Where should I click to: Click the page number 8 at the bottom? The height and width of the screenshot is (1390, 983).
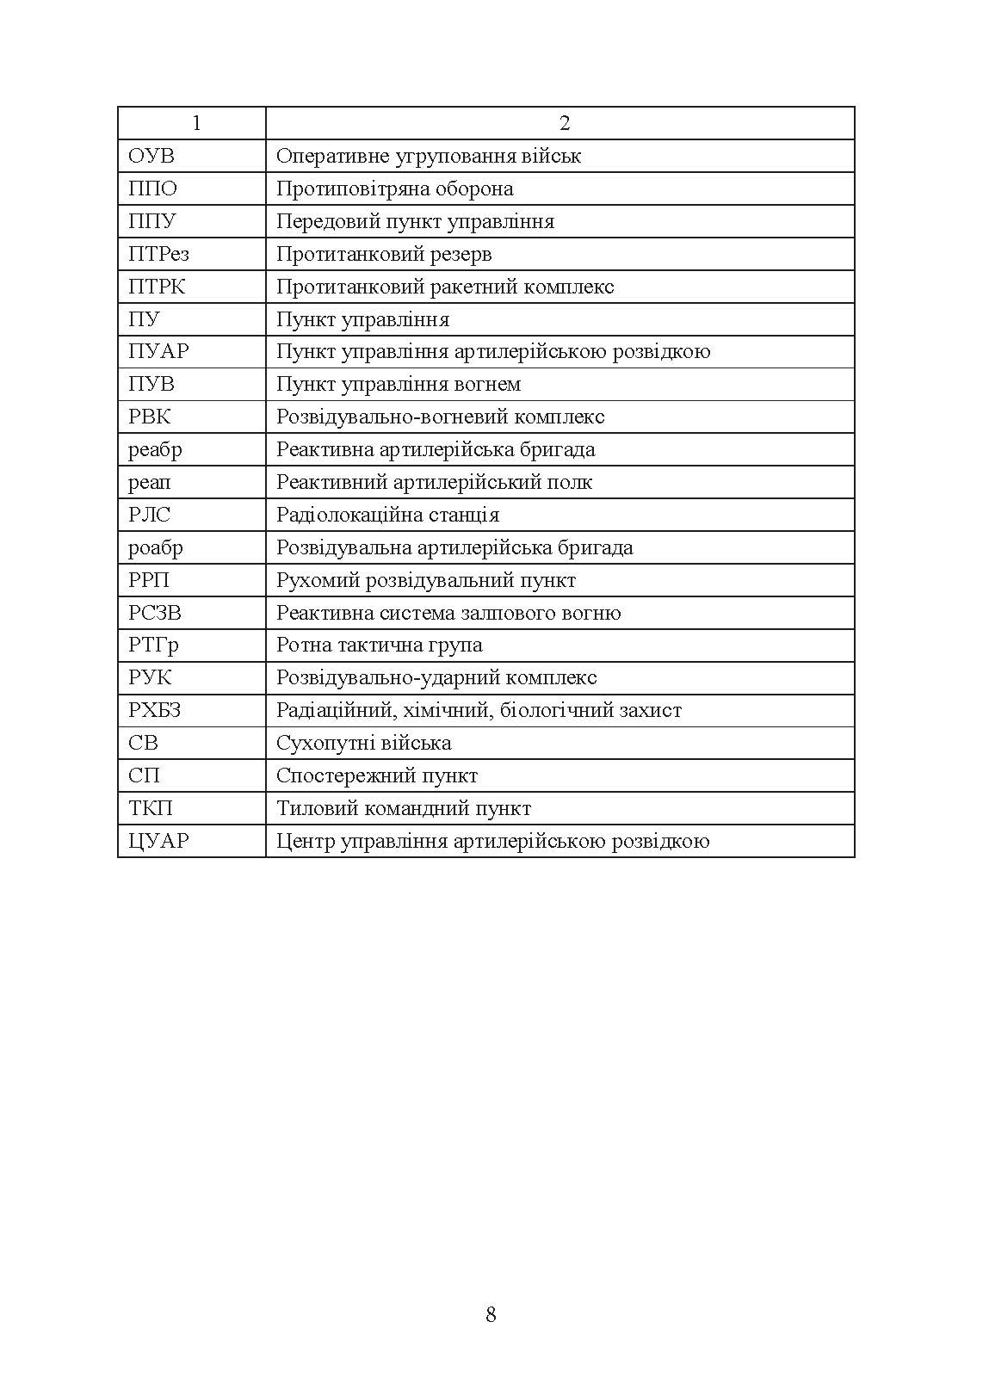pos(491,1314)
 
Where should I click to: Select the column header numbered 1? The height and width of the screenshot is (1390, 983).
pos(196,123)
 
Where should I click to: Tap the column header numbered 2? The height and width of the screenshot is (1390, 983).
pos(564,123)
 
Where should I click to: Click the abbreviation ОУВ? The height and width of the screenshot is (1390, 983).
pos(151,156)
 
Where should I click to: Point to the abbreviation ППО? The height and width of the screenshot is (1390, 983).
pos(152,188)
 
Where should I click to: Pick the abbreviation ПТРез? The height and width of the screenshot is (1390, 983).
pos(158,254)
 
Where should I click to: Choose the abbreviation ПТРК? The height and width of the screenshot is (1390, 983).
pos(157,287)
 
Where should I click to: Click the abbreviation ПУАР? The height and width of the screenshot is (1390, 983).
pos(158,351)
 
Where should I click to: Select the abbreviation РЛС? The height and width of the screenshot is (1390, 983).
pos(150,515)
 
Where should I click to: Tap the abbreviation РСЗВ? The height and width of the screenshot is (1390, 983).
pos(155,613)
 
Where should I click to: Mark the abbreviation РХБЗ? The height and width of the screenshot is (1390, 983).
pos(155,710)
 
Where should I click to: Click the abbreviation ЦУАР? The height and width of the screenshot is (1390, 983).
pos(158,841)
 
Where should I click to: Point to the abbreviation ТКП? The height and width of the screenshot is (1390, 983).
pos(151,808)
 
